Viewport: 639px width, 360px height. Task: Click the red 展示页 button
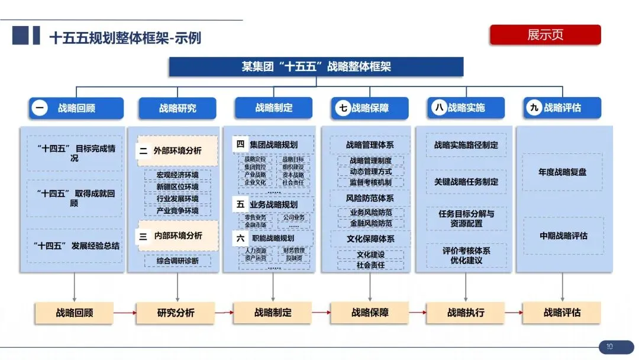point(545,35)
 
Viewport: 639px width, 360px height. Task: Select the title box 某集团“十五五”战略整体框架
point(317,67)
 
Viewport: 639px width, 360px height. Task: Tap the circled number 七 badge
point(343,108)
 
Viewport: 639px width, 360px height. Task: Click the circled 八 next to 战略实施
point(439,108)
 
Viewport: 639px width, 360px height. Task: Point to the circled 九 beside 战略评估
point(535,108)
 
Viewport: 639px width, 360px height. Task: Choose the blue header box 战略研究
point(177,108)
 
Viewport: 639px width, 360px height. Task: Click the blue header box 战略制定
point(273,108)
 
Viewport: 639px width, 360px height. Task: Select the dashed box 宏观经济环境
point(177,175)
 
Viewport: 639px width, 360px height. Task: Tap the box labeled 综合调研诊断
point(177,261)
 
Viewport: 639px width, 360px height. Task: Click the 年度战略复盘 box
point(562,172)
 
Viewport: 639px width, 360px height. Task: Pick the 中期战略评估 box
point(563,235)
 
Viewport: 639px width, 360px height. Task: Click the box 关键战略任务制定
point(466,182)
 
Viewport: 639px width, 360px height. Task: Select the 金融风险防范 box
point(370,223)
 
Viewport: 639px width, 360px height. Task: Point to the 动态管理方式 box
point(370,172)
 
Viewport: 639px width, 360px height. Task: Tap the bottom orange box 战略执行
point(466,313)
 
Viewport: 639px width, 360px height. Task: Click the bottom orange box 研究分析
point(176,313)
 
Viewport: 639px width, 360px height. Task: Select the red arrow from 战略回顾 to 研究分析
point(125,313)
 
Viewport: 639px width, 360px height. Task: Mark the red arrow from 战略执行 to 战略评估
point(513,313)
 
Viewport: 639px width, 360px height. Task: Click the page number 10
point(609,347)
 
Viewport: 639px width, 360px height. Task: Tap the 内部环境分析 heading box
point(178,236)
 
